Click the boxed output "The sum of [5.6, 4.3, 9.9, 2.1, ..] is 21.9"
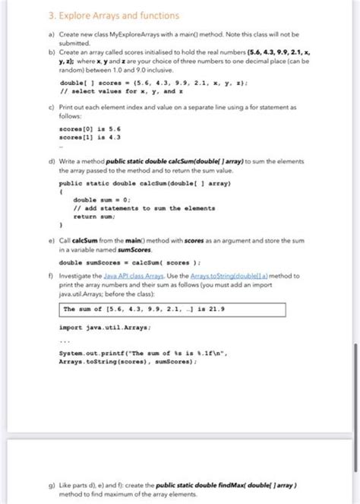coord(172,309)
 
